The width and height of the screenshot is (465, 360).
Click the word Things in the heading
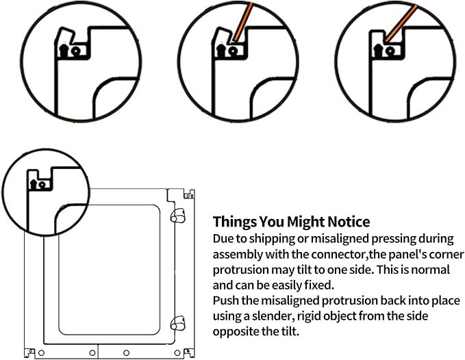coord(235,222)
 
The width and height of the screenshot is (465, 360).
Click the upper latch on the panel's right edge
coord(177,216)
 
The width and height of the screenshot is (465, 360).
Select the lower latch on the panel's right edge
coord(177,323)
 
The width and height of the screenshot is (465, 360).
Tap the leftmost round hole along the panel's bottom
coord(42,353)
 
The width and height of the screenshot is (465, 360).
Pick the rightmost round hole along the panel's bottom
coord(177,353)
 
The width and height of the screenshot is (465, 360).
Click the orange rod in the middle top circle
coord(243,22)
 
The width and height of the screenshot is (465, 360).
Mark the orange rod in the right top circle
coord(401,23)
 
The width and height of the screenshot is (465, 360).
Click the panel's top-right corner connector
coord(189,195)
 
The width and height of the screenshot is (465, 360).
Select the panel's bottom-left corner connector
coord(29,352)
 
